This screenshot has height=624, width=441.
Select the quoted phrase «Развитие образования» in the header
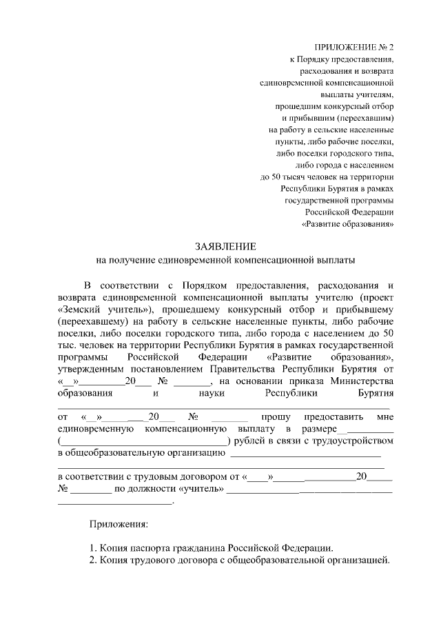pos(347,225)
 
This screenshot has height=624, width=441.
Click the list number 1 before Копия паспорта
pos(91,547)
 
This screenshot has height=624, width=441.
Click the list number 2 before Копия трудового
pos(91,559)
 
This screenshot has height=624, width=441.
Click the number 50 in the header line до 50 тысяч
pos(277,177)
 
